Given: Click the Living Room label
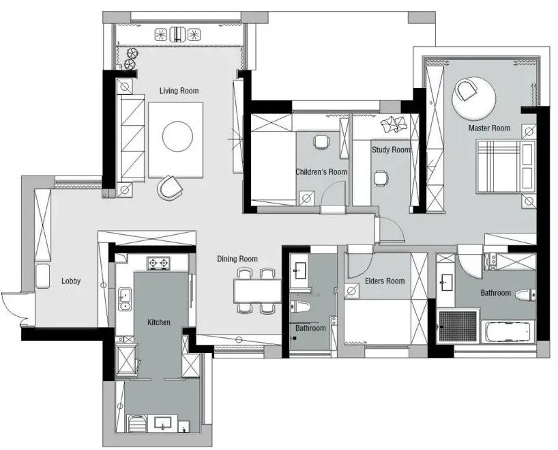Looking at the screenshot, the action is [x=179, y=91].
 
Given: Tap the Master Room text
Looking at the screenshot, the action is [x=489, y=128].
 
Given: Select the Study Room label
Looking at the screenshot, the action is [x=391, y=150].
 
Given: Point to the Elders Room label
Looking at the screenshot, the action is [x=385, y=281].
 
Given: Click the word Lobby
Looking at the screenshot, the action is [x=71, y=281].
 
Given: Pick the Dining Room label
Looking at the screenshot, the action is [x=237, y=259].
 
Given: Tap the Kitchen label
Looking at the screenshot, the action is [x=159, y=322].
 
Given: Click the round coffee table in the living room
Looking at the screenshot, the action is [x=177, y=137].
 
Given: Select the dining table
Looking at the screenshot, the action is [x=258, y=291].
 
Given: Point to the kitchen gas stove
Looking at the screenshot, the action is [x=158, y=264].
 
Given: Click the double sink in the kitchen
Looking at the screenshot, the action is [x=125, y=299].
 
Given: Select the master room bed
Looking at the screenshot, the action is [x=505, y=167].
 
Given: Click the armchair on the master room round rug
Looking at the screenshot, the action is [x=467, y=91].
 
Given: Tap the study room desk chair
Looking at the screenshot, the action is [x=381, y=178].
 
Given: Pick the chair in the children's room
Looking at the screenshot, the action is [x=321, y=142].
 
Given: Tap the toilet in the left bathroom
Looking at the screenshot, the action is [x=300, y=307].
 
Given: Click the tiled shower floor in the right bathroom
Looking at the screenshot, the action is [x=458, y=326].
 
